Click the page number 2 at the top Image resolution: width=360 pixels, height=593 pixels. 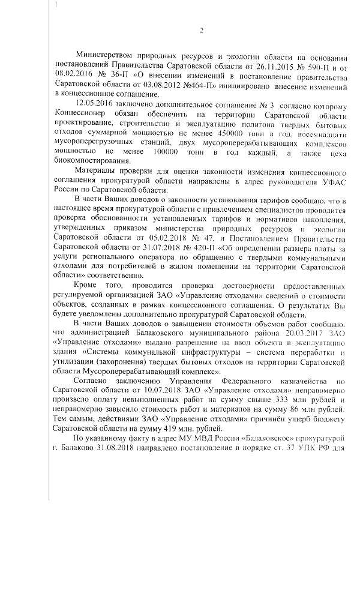click(202, 31)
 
